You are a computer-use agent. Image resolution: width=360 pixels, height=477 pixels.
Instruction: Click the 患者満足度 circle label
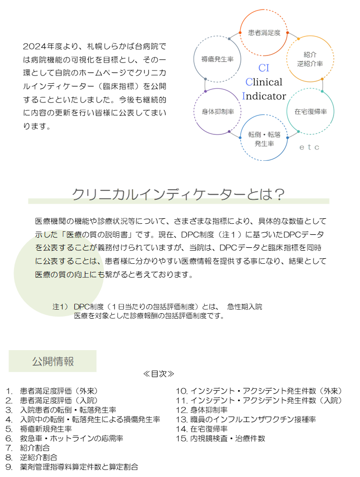pos(264,32)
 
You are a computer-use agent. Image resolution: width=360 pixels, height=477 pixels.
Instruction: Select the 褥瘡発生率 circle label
pos(217,59)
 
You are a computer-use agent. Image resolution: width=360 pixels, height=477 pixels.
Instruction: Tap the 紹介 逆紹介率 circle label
pos(310,59)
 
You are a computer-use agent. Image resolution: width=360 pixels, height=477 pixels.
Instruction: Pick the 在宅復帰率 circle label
pos(311,112)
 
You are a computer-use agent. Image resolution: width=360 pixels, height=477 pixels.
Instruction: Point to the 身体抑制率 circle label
pos(218,112)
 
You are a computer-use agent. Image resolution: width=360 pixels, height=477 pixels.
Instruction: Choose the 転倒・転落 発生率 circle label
pos(264,139)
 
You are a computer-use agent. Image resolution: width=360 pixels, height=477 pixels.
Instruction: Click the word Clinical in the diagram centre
pos(264,82)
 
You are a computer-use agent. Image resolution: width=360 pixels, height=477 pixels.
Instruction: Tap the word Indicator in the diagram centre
pos(264,96)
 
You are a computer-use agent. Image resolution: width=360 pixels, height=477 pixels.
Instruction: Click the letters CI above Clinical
pos(264,68)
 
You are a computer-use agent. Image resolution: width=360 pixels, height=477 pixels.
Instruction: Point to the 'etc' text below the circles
pos(309,147)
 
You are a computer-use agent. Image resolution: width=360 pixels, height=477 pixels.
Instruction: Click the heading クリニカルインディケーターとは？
pos(178,194)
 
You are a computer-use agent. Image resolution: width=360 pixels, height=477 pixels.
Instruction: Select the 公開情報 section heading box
pos(52,361)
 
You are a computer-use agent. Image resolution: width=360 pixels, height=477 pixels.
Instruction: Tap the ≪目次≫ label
pos(159,374)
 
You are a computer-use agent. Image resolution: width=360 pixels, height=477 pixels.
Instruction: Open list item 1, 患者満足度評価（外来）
pos(52,391)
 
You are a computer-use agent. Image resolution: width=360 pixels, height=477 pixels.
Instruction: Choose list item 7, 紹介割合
pos(27,448)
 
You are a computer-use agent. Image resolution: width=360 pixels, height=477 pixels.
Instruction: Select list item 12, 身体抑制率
pos(202,410)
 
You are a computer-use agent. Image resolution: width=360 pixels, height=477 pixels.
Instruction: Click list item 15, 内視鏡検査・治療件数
pos(220,439)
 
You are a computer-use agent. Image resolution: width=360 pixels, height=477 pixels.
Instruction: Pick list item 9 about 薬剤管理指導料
pos(72,467)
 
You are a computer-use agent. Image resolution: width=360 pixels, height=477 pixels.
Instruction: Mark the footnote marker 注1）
pos(60,307)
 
